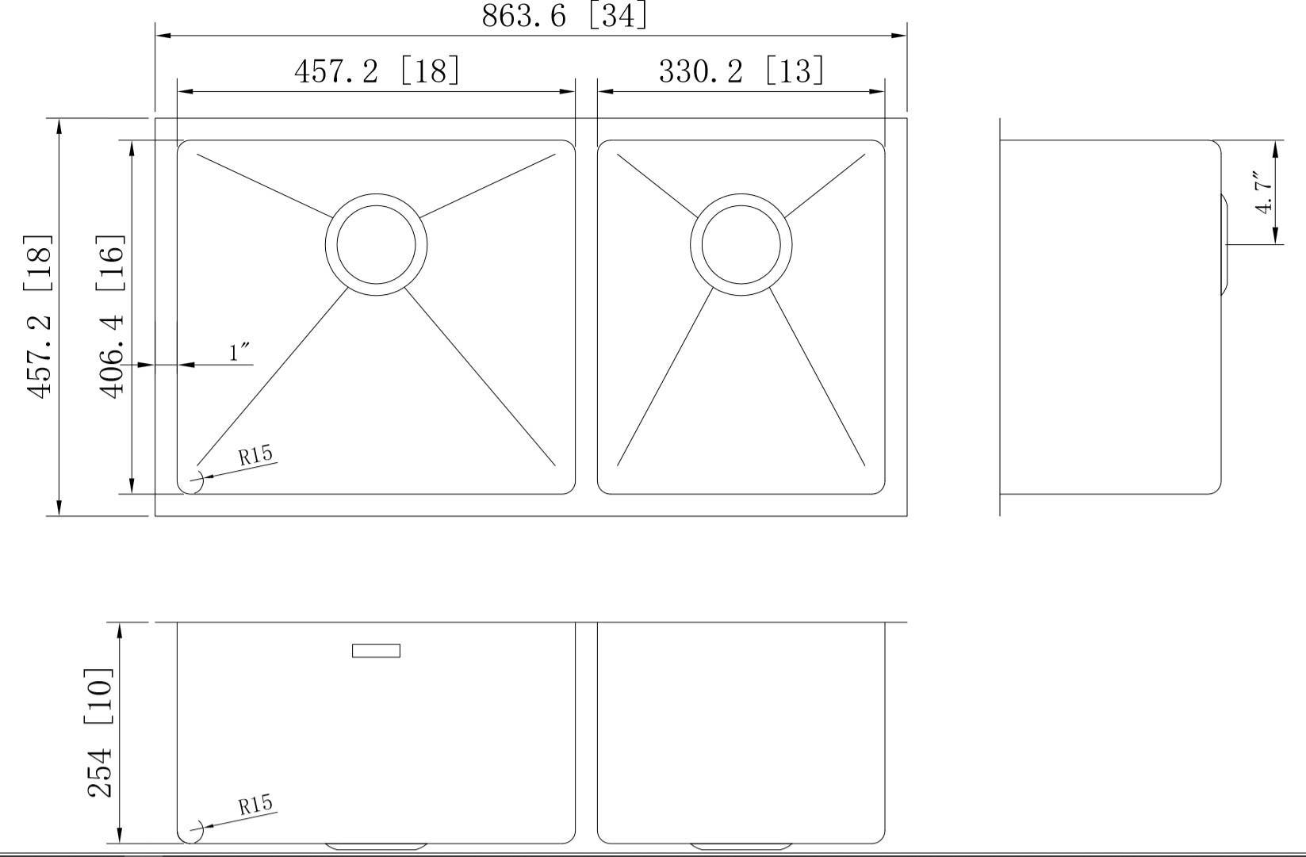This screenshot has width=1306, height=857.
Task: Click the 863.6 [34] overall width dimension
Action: point(564,16)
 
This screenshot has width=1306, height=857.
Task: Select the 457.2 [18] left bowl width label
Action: point(377,71)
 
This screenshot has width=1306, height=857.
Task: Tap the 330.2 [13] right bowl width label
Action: point(741,71)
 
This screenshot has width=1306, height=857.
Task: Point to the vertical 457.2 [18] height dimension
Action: point(40,316)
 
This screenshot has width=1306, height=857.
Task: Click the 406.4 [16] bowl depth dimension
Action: point(111,316)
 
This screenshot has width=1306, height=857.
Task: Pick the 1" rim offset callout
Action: point(239,352)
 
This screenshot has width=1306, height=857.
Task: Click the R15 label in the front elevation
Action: point(255,805)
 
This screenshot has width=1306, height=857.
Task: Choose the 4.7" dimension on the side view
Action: point(1264,192)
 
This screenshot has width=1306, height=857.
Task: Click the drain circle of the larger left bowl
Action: point(376,244)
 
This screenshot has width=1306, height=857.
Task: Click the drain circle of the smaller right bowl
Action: point(741,244)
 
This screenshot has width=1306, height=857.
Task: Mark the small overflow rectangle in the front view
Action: point(376,651)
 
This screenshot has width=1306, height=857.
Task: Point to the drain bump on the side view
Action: point(1224,244)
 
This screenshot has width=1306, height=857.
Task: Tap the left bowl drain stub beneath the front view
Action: point(376,846)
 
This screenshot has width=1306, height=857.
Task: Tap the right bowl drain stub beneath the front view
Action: point(741,846)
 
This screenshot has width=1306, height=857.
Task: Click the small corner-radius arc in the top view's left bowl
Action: point(194,481)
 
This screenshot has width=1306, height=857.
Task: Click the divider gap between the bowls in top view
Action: point(586,317)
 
